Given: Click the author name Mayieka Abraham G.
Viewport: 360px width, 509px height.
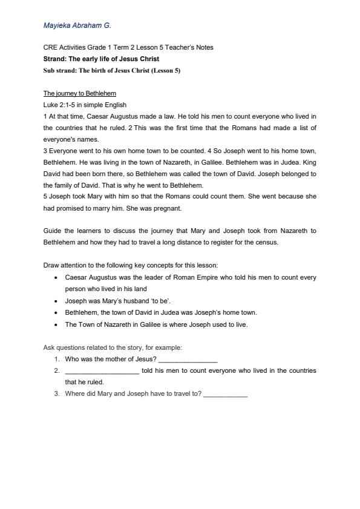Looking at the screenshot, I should (x=77, y=26).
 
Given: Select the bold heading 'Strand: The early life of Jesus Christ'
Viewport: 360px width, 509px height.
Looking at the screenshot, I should (x=101, y=59).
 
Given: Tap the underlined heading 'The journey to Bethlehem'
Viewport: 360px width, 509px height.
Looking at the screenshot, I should (x=80, y=94).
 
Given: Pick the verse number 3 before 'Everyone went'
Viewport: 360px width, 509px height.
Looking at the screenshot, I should (x=45, y=151).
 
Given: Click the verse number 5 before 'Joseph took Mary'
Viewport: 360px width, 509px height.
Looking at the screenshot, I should (x=45, y=197).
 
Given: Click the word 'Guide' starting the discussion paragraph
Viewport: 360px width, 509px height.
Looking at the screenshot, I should (x=52, y=231).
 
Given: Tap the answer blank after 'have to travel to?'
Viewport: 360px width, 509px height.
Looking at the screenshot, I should (x=226, y=395).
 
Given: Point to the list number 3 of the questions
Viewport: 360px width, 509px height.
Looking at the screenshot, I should (x=56, y=394).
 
